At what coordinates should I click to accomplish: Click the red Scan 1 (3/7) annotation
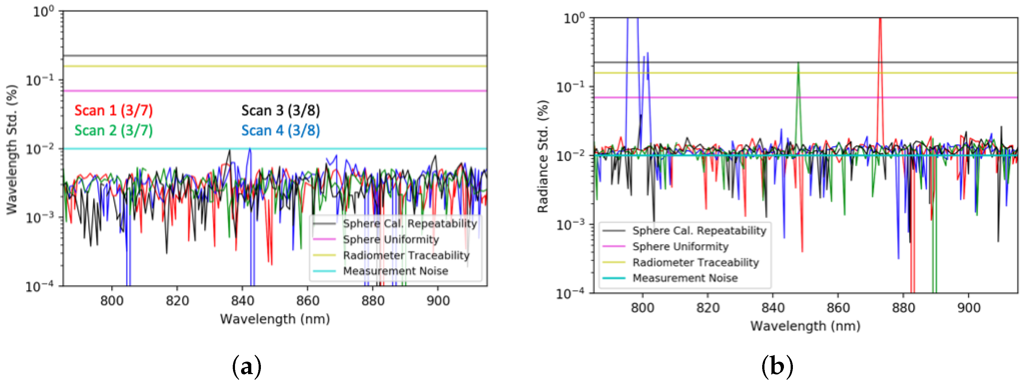tap(113, 110)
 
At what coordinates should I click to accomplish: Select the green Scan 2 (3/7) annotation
tap(113, 130)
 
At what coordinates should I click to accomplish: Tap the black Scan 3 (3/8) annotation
tap(280, 110)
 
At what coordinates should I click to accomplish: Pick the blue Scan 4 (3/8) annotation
tap(280, 130)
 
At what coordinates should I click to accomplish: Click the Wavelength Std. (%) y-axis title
tap(12, 150)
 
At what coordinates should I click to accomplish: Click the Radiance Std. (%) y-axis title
tap(543, 156)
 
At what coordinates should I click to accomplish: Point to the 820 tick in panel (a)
tap(177, 301)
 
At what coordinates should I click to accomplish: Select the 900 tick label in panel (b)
tap(968, 308)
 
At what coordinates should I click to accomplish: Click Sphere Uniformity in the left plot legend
tap(391, 239)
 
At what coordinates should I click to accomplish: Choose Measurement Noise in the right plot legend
tap(685, 278)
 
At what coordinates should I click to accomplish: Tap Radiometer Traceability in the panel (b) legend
tap(696, 262)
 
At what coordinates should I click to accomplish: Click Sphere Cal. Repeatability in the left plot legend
tap(410, 223)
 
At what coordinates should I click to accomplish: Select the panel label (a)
tap(247, 366)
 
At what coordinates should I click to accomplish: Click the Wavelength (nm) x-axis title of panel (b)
tap(805, 326)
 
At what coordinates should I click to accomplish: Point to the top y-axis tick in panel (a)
tap(43, 12)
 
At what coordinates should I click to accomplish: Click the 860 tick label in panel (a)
tap(308, 301)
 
